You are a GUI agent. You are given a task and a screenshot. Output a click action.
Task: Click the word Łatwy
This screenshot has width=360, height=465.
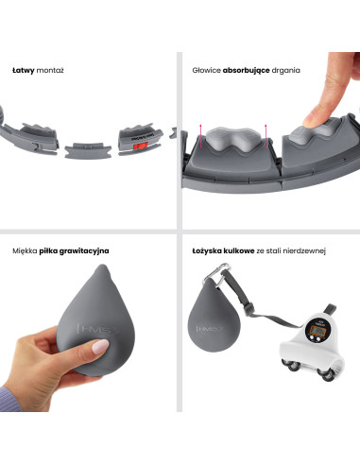click(x=23, y=70)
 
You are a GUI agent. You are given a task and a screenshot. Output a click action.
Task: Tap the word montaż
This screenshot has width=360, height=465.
click(x=50, y=70)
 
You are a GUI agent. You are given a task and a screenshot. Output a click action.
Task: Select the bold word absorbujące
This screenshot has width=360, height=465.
click(x=246, y=71)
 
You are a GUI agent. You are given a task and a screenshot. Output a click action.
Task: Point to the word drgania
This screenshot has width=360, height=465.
click(x=285, y=71)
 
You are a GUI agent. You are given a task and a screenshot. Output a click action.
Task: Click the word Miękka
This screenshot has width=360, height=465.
click(x=25, y=251)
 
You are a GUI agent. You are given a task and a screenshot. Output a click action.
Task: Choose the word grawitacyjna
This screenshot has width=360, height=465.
click(x=84, y=251)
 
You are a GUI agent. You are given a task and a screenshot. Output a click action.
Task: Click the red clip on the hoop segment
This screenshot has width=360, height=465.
click(x=141, y=146)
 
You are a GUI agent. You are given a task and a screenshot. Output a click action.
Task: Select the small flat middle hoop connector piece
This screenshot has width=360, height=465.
click(x=88, y=150)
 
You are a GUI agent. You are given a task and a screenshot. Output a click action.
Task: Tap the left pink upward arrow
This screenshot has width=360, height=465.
click(x=200, y=136)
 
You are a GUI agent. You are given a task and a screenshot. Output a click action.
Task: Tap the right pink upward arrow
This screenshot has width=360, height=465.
click(x=266, y=136)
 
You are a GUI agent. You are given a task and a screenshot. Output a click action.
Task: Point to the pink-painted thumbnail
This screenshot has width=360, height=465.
click(x=100, y=347)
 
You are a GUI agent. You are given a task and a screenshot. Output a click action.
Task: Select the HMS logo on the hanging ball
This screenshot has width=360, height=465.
click(x=210, y=329)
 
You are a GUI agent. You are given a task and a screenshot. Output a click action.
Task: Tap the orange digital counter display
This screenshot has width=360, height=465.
click(x=317, y=330)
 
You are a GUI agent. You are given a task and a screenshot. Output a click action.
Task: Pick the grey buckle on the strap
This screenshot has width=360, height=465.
click(x=249, y=306)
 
